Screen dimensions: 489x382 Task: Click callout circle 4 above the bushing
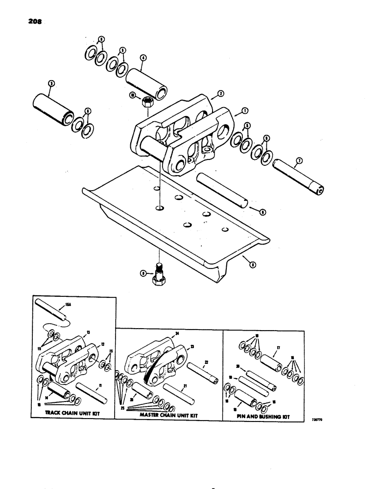coord(143,57)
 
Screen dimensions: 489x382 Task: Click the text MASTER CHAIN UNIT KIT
coord(168,414)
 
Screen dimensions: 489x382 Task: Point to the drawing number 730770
coord(319,420)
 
